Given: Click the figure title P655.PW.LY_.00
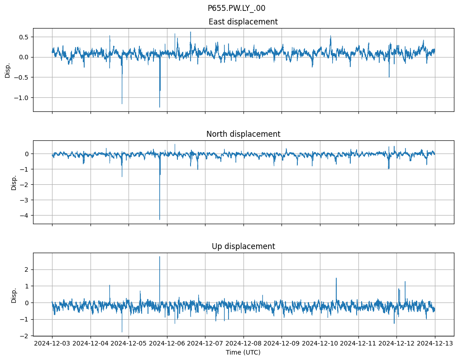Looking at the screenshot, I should pyautogui.click(x=236, y=8).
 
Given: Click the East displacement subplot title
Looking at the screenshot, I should pyautogui.click(x=243, y=22).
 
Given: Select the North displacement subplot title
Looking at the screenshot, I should pyautogui.click(x=243, y=134).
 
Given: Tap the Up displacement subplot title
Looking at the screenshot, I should pyautogui.click(x=243, y=246).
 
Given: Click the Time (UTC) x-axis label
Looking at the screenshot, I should pyautogui.click(x=243, y=352).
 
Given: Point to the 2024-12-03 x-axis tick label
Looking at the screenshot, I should pyautogui.click(x=52, y=344).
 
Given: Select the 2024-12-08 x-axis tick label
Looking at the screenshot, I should pyautogui.click(x=243, y=344).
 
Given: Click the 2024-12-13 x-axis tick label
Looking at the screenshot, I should pyautogui.click(x=435, y=344).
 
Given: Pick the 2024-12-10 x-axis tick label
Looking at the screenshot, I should pyautogui.click(x=320, y=344).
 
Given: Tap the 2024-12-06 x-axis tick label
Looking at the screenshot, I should pyautogui.click(x=167, y=344).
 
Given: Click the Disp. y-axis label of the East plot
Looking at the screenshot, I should pyautogui.click(x=7, y=70).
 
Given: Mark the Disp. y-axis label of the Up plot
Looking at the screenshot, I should pyautogui.click(x=14, y=294).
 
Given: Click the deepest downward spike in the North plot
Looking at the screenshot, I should pyautogui.click(x=159, y=219).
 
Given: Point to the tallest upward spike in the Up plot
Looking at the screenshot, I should pyautogui.click(x=159, y=257).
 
